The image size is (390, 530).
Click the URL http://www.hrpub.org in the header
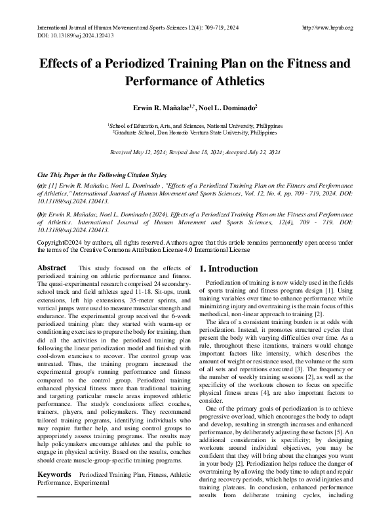pyautogui.click(x=327, y=28)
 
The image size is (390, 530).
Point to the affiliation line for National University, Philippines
pyautogui.click(x=195, y=124)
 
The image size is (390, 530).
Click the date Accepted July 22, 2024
pyautogui.click(x=252, y=152)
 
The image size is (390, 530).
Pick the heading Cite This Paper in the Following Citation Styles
pyautogui.click(x=102, y=176)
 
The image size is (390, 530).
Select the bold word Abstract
pyautogui.click(x=52, y=268)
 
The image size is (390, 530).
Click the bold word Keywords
pyautogui.click(x=54, y=491)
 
